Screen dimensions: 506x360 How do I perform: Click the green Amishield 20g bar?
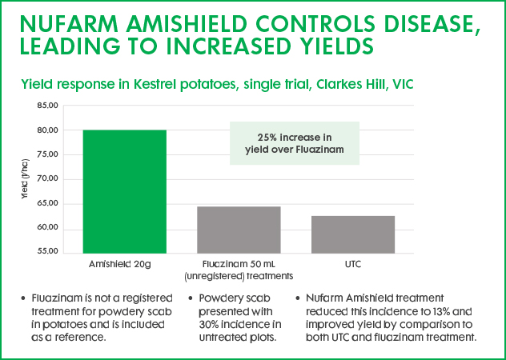[125, 192]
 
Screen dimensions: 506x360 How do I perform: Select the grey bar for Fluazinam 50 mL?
[239, 230]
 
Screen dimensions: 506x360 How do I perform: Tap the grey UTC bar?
[353, 234]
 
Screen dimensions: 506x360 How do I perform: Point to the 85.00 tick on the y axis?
[48, 106]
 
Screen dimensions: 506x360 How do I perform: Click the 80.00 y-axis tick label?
[48, 130]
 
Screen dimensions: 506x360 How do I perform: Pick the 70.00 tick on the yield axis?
[48, 179]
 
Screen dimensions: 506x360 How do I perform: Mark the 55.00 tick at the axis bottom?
[48, 251]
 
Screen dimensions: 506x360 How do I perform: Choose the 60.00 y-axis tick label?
[48, 228]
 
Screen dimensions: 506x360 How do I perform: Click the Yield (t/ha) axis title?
[25, 179]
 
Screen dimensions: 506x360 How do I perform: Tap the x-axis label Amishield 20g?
[120, 265]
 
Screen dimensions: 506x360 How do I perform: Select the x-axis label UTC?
[353, 265]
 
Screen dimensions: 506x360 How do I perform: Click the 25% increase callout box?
[295, 143]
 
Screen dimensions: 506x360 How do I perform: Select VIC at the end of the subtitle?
[404, 85]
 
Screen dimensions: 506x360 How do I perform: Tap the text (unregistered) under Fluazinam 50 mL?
[214, 277]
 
